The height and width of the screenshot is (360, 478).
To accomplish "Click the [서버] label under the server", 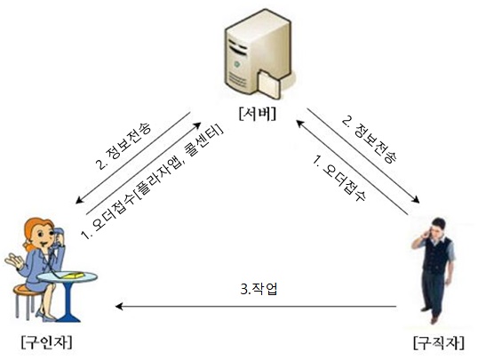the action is (x=258, y=114).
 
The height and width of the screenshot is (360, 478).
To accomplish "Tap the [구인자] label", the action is (x=47, y=342).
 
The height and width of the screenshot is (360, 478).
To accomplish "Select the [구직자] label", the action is (x=439, y=342).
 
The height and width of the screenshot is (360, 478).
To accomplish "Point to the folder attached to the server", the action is (x=269, y=84).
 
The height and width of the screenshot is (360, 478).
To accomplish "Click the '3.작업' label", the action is (x=259, y=289).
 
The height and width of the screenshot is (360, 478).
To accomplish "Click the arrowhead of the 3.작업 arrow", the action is (x=119, y=306).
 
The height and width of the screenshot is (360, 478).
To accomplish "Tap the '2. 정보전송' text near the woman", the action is (x=123, y=146).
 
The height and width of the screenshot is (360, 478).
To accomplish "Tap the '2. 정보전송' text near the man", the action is (x=370, y=140).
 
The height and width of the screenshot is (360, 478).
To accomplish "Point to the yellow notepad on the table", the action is (x=73, y=276).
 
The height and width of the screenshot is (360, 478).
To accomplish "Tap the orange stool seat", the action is (x=27, y=289).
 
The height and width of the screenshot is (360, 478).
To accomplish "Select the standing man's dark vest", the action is (x=436, y=256).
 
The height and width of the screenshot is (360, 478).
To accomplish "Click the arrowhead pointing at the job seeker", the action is (x=416, y=200).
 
